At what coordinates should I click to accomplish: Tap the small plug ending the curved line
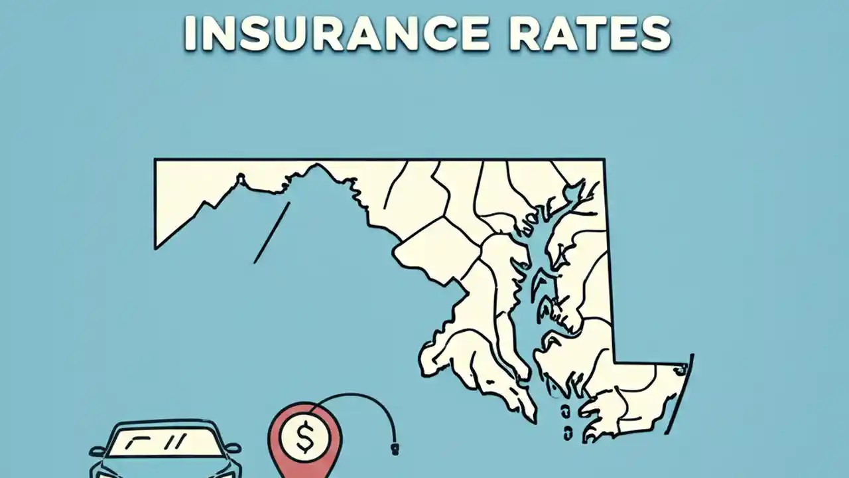click(395, 450)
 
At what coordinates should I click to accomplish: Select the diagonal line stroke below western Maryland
click(272, 232)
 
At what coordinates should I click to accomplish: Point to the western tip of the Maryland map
click(157, 247)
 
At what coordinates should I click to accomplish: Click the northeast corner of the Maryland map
click(603, 160)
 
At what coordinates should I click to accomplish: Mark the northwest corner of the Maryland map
click(156, 160)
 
